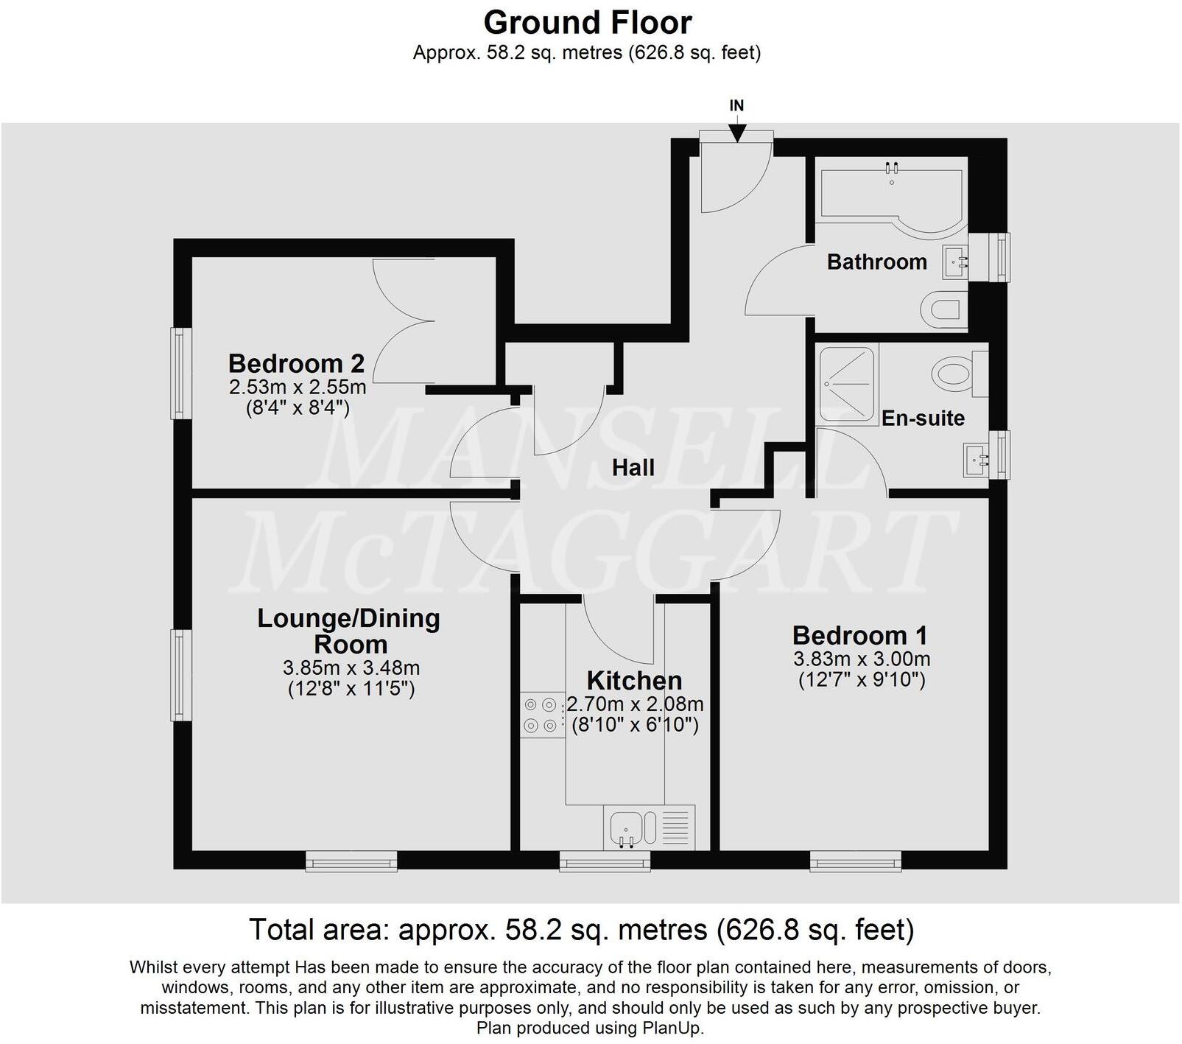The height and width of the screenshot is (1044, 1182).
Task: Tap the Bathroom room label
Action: [876, 262]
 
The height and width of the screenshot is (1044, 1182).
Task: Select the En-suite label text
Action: [923, 418]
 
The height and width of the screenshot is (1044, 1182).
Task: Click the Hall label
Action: [633, 468]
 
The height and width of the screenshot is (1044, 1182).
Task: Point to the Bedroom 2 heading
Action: [296, 364]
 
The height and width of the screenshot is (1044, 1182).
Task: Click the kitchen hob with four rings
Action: [540, 715]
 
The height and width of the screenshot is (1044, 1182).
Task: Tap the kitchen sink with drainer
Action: [649, 827]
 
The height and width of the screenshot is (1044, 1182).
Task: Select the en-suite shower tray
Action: [847, 385]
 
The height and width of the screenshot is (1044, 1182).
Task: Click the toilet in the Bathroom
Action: [946, 309]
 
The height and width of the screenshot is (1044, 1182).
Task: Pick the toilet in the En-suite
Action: [957, 373]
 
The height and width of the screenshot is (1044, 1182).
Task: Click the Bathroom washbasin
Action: [956, 262]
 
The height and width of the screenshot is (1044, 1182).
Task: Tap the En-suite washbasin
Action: [979, 460]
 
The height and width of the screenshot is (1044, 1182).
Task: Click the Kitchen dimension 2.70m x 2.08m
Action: [635, 704]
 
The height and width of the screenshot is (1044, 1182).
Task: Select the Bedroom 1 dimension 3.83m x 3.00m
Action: [861, 659]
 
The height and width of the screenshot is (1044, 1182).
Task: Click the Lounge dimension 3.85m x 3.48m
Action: [351, 668]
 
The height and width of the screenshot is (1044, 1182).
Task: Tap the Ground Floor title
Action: [587, 23]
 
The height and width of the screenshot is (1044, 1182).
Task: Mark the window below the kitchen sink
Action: [605, 861]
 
